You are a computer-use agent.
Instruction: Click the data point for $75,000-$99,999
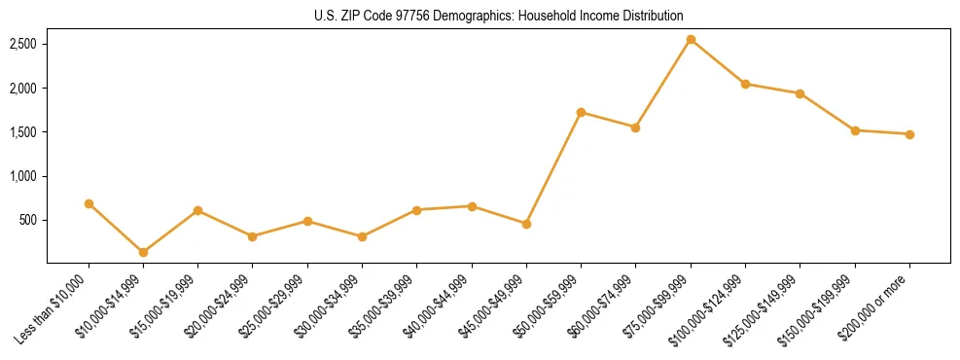point(691,40)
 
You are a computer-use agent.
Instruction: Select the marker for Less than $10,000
point(89,203)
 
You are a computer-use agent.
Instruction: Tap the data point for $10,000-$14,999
point(143,252)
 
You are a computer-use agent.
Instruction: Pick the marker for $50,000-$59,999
point(581,113)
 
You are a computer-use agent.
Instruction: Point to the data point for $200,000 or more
point(909,134)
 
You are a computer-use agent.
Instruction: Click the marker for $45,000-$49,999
point(526,224)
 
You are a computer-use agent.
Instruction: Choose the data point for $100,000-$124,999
point(745,84)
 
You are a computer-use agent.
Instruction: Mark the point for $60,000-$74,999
point(635,127)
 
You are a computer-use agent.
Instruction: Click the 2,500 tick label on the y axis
point(23,45)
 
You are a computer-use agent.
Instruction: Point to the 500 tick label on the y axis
point(28,221)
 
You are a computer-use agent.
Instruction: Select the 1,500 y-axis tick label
point(23,132)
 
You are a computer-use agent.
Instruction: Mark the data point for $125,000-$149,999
point(800,93)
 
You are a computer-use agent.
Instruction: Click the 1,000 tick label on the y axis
point(23,177)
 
